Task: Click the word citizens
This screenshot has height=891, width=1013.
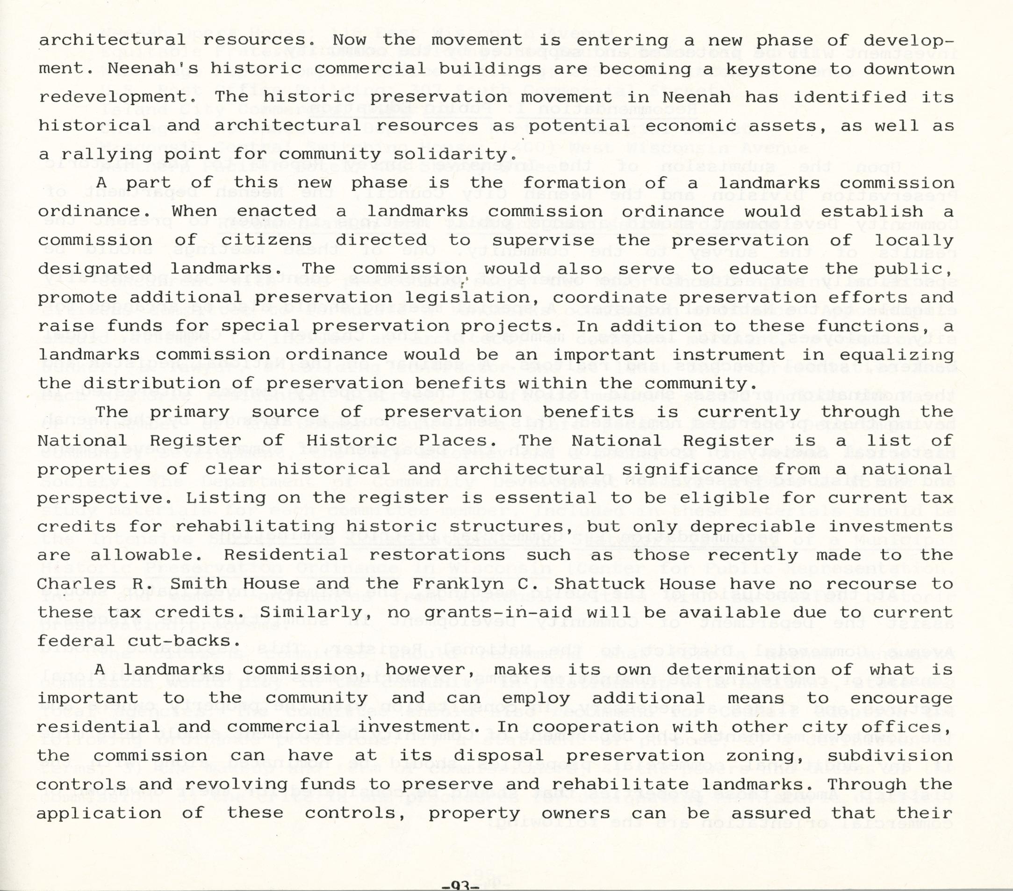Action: point(266,240)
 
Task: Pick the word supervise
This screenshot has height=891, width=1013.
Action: point(544,241)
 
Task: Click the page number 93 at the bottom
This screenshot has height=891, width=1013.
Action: point(460,886)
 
